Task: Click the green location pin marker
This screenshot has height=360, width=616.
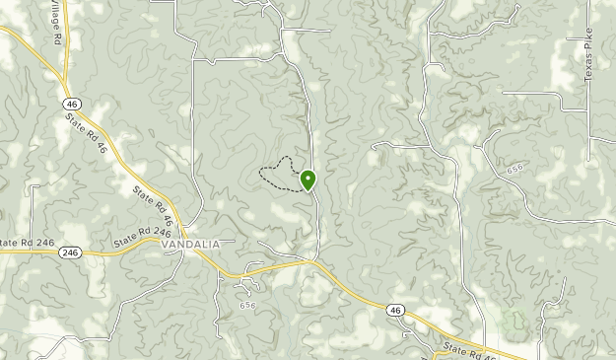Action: [x=308, y=180]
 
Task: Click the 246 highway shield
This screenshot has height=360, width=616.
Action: [x=69, y=252]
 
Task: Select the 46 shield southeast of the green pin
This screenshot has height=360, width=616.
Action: [x=394, y=310]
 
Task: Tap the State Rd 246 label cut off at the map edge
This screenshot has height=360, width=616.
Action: [x=23, y=243]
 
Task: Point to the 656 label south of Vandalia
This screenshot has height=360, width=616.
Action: [x=246, y=306]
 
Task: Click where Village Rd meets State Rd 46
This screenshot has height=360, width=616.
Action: [x=65, y=87]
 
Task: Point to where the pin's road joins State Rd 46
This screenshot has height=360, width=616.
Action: [x=315, y=261]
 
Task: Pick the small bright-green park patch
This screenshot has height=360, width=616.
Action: [x=513, y=322]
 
